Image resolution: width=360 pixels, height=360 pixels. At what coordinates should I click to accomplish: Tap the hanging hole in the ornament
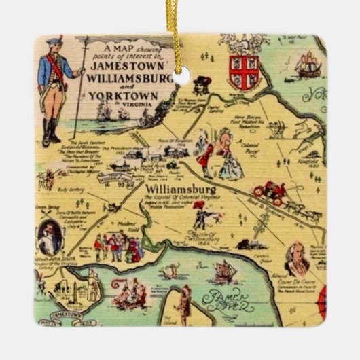(180, 78)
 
